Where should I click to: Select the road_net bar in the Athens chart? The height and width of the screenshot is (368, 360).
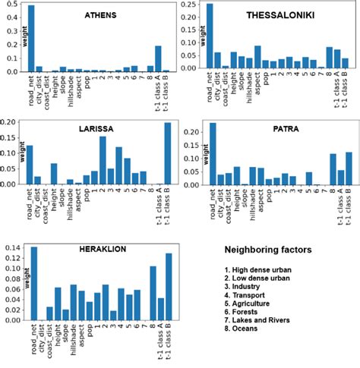point(31,39)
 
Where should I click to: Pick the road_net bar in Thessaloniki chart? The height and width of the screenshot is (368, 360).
point(210,37)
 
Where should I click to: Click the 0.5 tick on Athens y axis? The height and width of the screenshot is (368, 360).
point(17,8)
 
